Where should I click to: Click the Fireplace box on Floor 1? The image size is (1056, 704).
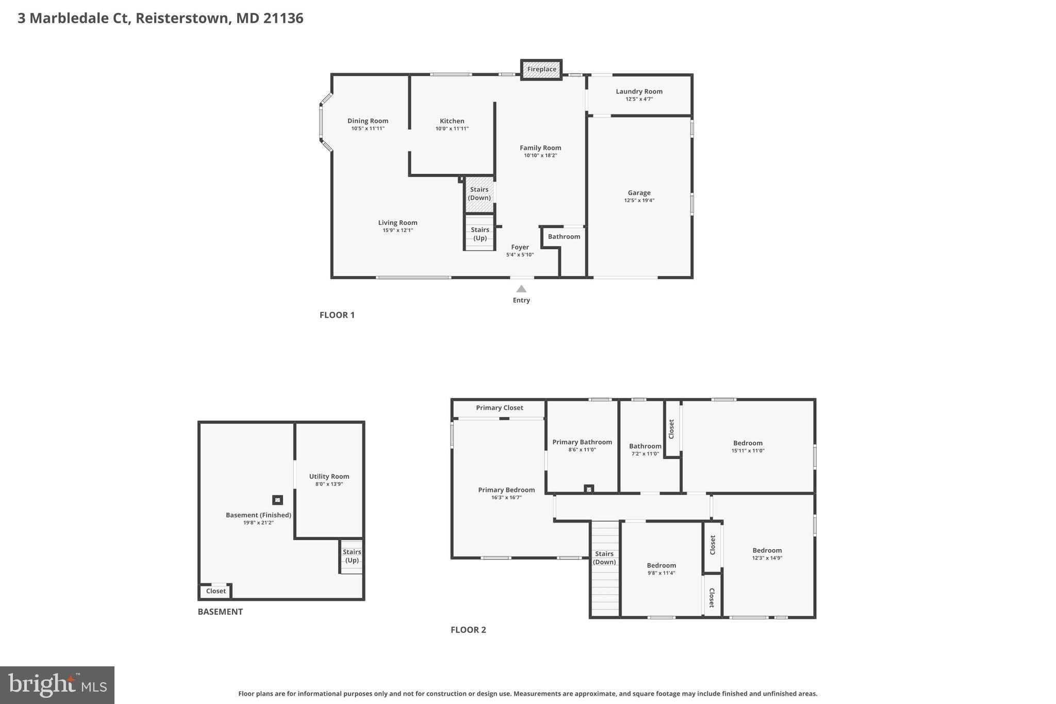tap(541, 70)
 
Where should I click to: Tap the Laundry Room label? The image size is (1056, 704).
tap(639, 92)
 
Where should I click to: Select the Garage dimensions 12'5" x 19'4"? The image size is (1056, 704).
tap(639, 201)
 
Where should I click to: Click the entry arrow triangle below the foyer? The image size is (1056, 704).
tap(521, 289)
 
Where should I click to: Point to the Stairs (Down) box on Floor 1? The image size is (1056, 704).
tap(479, 194)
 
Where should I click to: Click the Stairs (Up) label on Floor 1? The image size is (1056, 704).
tap(480, 234)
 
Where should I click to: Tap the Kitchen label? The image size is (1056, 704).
tap(452, 121)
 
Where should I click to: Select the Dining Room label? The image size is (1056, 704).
tap(368, 121)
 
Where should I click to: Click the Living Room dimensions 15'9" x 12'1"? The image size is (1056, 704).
tap(398, 231)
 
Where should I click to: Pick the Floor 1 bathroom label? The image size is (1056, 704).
tap(564, 237)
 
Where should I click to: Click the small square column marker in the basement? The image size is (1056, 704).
tap(277, 500)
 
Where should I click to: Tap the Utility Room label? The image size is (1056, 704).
tap(329, 477)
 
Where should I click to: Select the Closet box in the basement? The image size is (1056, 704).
tap(216, 591)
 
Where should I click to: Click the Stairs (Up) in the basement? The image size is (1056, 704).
tap(352, 556)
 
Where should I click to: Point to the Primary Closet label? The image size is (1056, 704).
tap(499, 408)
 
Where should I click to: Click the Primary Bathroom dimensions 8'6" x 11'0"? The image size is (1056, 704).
tap(582, 450)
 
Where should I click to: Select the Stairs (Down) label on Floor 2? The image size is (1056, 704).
tap(604, 558)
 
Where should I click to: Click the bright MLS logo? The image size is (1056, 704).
tap(57, 685)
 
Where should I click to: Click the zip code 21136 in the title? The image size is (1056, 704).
tap(283, 19)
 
